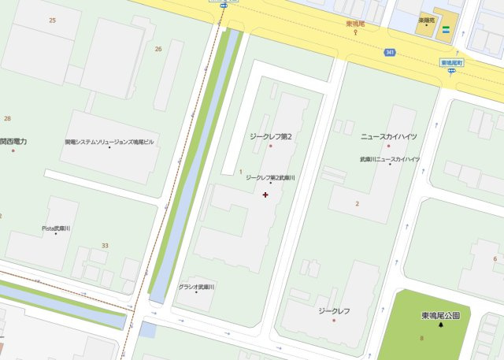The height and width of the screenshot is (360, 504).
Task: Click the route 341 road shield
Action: click(x=390, y=52)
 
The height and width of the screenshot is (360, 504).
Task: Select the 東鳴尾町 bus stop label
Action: click(x=452, y=62)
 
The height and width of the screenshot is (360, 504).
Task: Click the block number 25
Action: click(x=52, y=19)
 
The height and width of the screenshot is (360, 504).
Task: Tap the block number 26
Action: click(x=158, y=49)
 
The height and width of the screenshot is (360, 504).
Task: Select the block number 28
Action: click(x=7, y=118)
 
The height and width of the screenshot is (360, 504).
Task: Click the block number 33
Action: click(x=105, y=246)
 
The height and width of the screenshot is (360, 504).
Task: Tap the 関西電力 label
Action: click(x=13, y=141)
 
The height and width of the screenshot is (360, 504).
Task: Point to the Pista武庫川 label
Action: click(x=56, y=228)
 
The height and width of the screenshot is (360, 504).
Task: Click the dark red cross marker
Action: click(x=265, y=195)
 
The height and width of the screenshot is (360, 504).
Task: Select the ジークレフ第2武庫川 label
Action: click(x=270, y=178)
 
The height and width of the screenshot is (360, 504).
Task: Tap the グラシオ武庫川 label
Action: click(x=197, y=287)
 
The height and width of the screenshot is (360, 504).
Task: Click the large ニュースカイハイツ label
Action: click(x=389, y=136)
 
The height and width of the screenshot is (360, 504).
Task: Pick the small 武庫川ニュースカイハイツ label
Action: click(x=389, y=159)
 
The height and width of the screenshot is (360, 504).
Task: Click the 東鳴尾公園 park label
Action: click(x=440, y=315)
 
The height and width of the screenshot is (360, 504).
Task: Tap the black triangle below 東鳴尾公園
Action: click(x=440, y=325)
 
